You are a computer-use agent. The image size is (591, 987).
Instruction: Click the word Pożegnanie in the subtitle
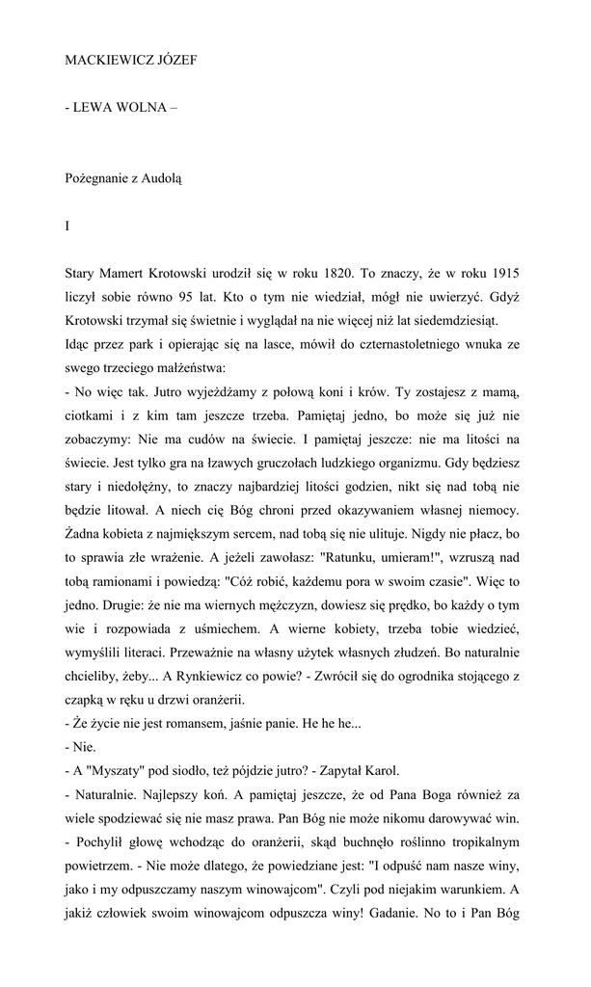click(97, 179)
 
